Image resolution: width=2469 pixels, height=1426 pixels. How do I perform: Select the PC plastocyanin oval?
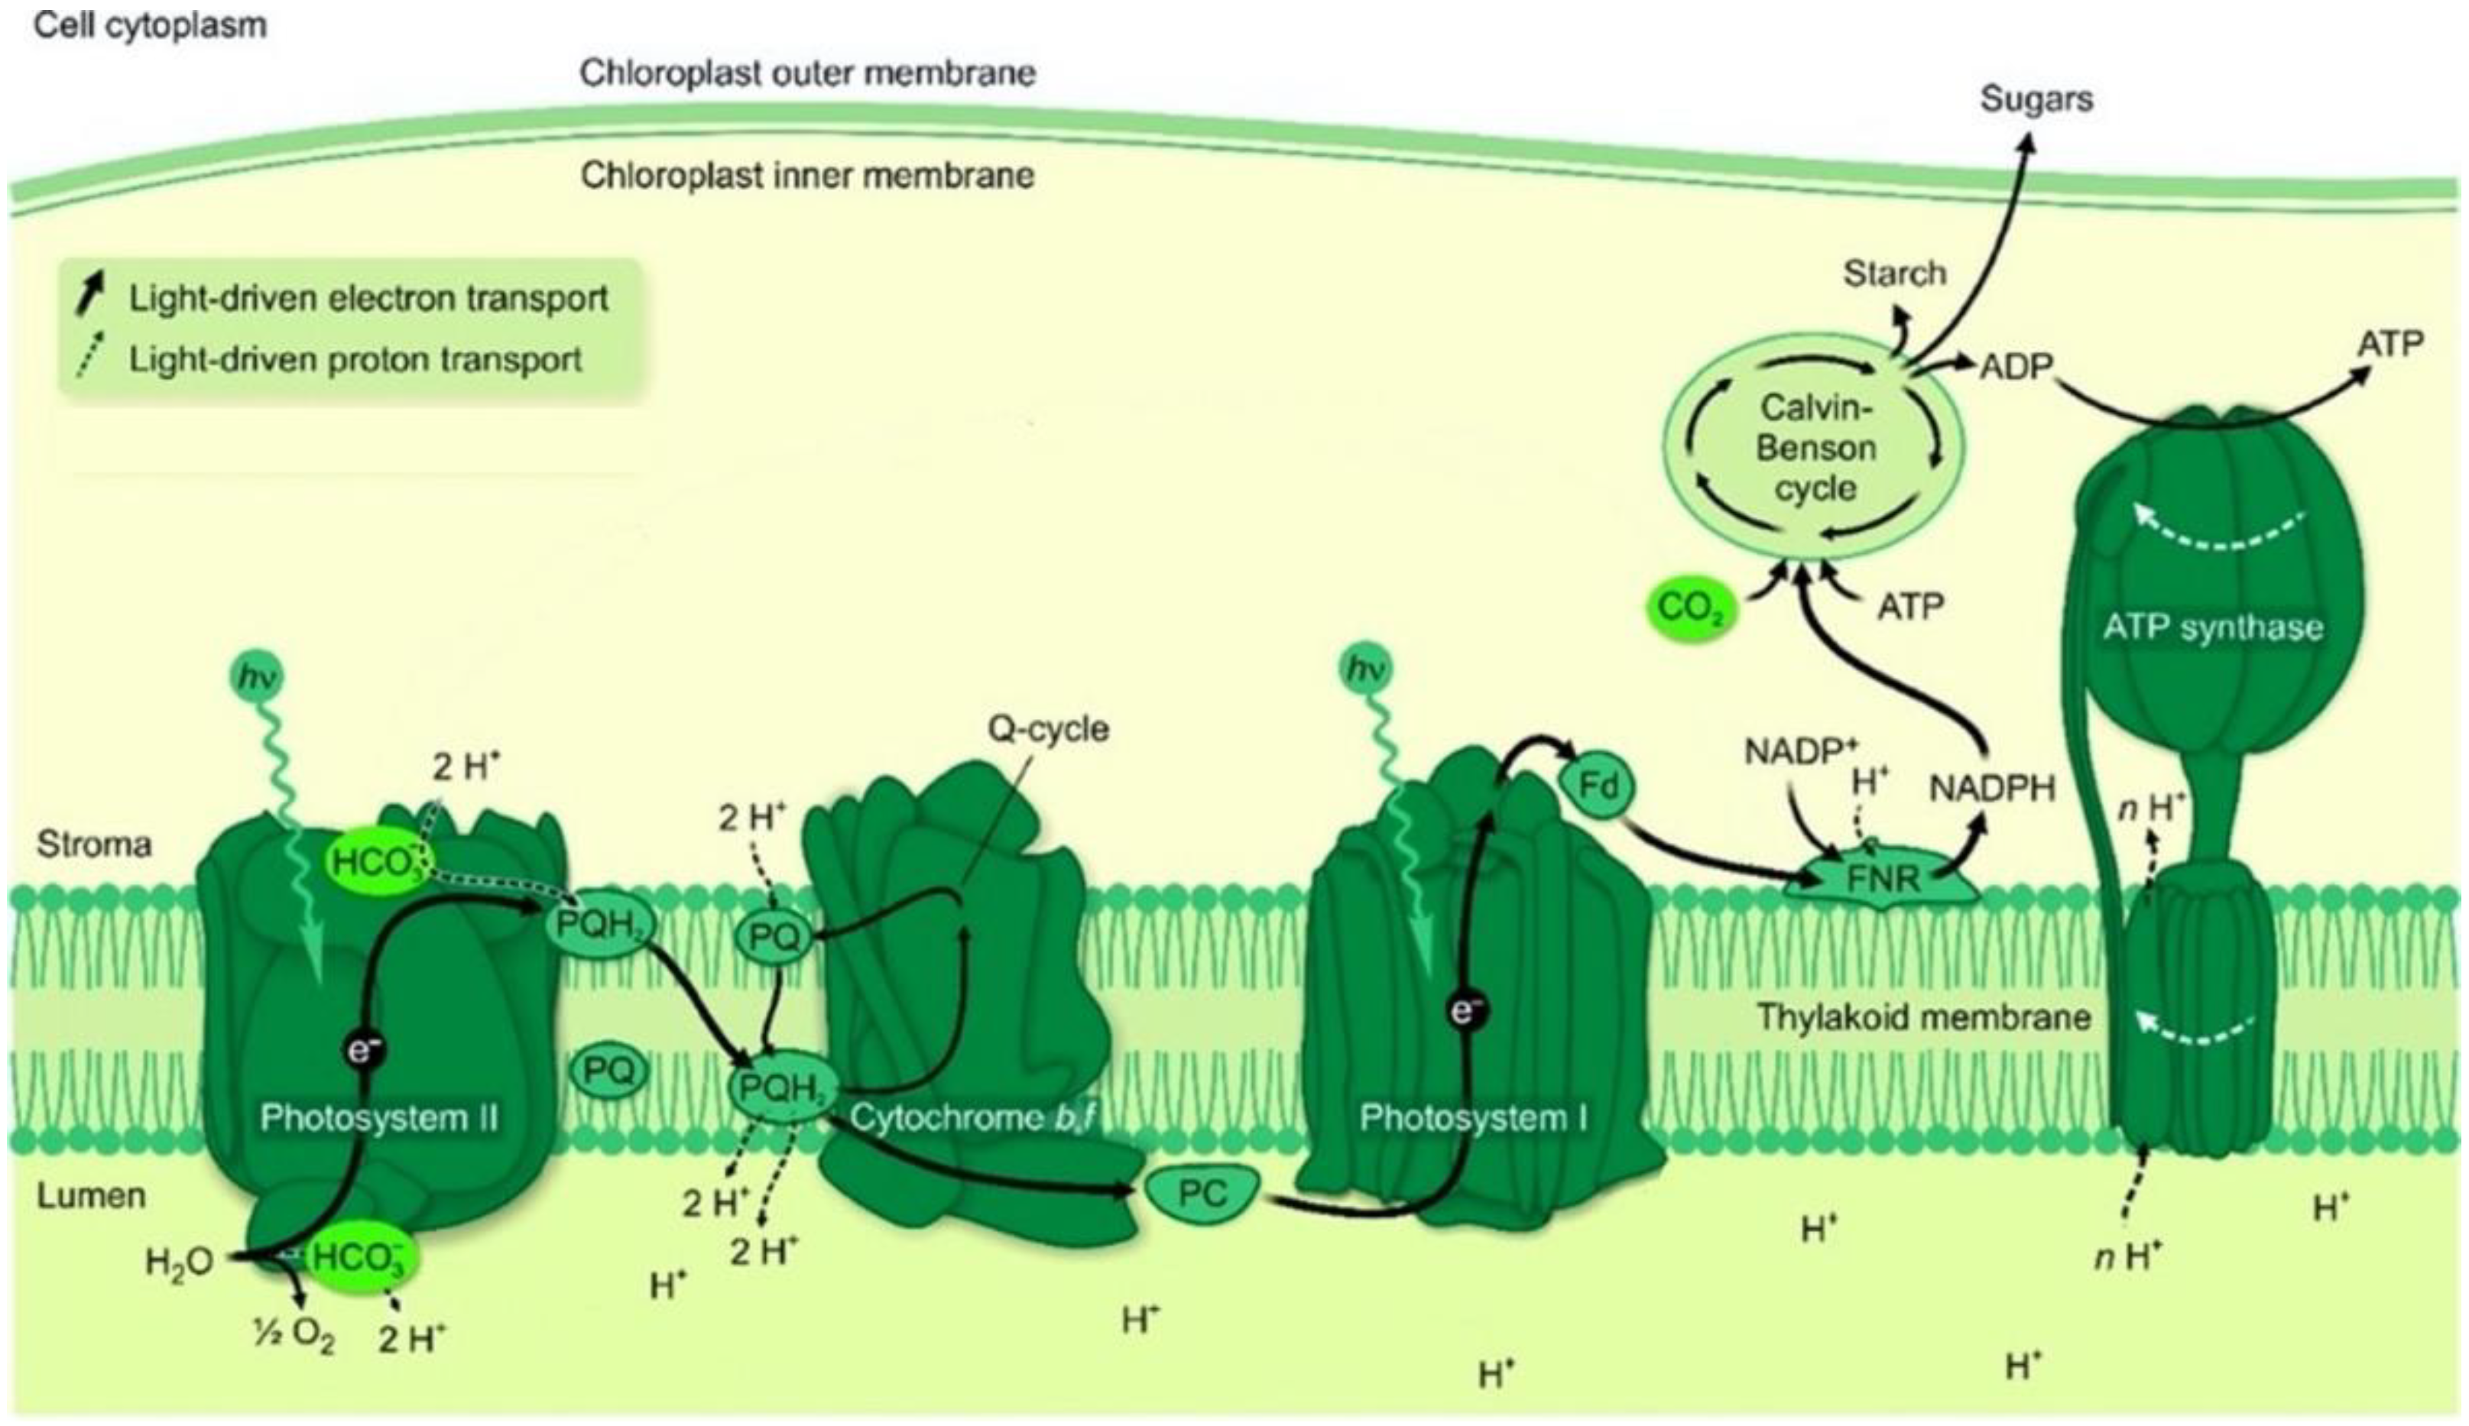click(1202, 1193)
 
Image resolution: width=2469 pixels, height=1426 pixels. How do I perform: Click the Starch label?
click(1894, 274)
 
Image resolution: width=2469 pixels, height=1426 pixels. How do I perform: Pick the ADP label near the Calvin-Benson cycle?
click(2016, 366)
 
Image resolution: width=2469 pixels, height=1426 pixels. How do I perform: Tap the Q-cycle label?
click(1048, 729)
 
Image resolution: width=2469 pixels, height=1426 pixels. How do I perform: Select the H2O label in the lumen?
click(179, 1262)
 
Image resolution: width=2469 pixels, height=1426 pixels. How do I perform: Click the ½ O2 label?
click(293, 1336)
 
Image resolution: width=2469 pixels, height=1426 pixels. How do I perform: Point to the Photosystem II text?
click(379, 1117)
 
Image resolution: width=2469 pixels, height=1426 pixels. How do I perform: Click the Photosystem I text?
click(1473, 1117)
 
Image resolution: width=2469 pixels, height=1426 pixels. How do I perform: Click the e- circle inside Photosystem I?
click(1466, 1010)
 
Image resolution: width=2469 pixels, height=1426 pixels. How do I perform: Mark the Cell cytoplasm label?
click(150, 25)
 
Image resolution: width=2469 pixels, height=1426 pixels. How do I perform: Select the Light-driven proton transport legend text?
click(355, 359)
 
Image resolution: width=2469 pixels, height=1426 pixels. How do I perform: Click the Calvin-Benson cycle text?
click(1815, 448)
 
